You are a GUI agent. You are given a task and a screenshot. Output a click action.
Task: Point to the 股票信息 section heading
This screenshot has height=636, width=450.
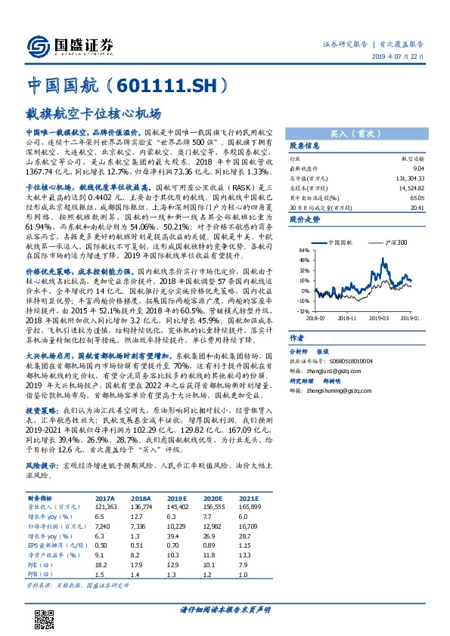305,145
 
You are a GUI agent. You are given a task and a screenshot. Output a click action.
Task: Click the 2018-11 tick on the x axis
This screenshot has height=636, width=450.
347,318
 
